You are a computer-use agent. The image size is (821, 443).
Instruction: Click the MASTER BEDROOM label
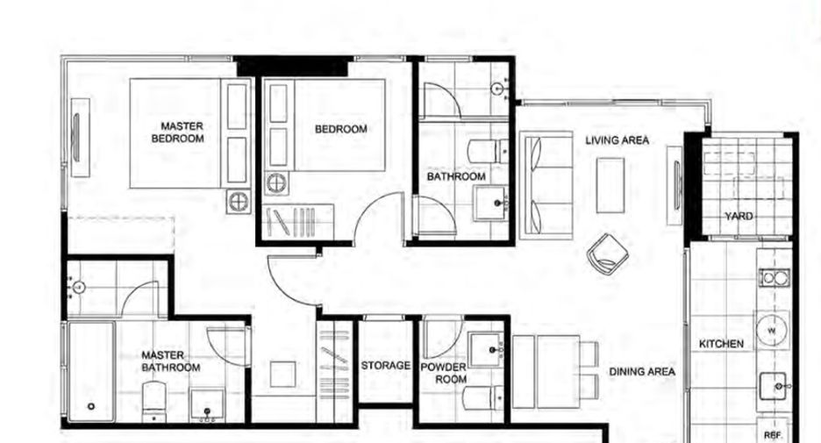click(177, 132)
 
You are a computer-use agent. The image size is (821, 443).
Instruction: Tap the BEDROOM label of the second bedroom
click(341, 129)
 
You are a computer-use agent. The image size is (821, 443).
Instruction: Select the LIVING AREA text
click(617, 140)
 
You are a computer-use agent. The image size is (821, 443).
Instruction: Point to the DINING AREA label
click(642, 372)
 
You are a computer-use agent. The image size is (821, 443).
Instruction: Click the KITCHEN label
click(721, 344)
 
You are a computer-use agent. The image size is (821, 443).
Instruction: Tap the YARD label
click(739, 217)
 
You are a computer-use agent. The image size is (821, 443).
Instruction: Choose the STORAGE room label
click(385, 366)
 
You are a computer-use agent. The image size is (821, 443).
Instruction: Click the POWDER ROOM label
click(444, 373)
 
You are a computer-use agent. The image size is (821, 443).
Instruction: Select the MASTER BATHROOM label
click(171, 361)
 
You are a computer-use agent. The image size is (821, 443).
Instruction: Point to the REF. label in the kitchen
click(773, 436)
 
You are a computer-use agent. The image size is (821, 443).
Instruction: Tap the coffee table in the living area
click(610, 185)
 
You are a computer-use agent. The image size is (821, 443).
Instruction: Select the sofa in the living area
click(546, 185)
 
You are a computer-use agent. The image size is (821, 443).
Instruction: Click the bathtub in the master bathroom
click(91, 371)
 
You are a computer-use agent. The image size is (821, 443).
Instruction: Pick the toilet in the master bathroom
click(154, 402)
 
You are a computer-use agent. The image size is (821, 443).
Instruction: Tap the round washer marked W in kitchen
click(772, 331)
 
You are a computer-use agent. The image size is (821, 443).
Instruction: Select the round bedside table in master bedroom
click(239, 202)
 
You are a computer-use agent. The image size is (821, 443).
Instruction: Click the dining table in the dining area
click(546, 372)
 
